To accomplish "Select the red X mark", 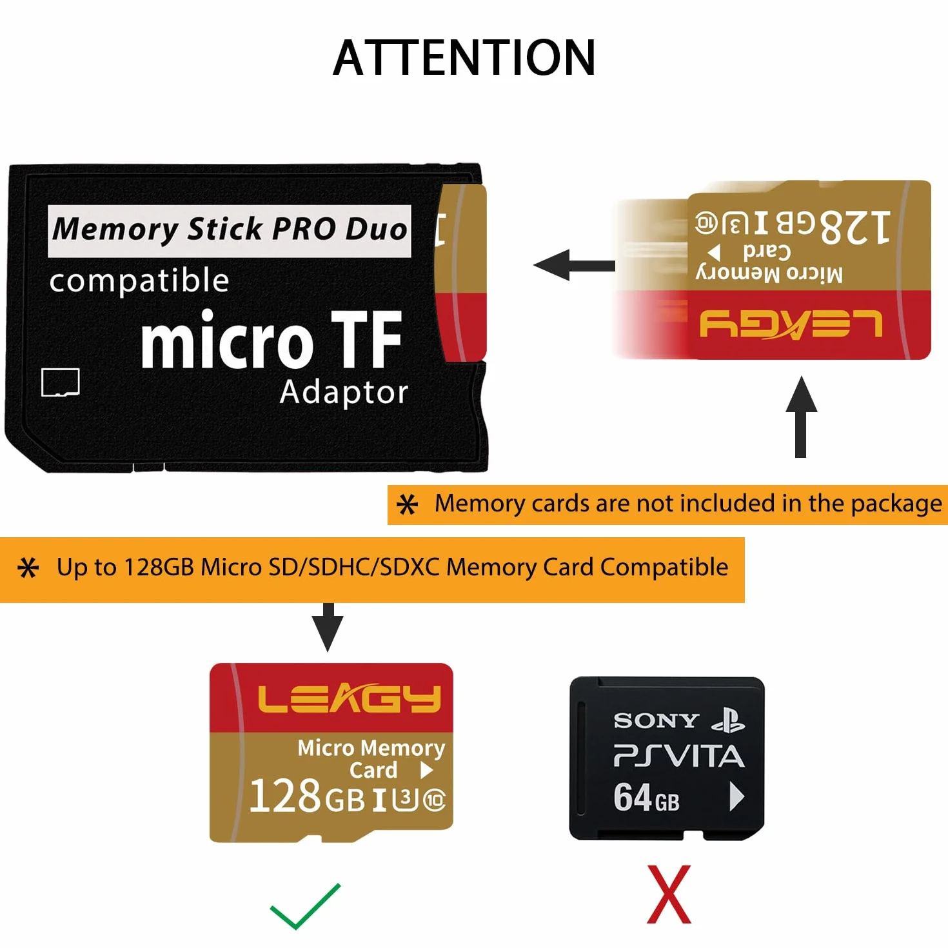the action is point(669,894).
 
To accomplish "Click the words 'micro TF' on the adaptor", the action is point(272,339).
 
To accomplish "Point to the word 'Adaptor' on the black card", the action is point(344,393).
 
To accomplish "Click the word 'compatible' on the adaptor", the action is point(139,281).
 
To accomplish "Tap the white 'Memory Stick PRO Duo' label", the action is point(229,231).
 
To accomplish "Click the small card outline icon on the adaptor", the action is point(61,382).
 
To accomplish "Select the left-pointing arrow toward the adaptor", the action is point(574,265).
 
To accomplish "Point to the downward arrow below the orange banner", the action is point(328,627).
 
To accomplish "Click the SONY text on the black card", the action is point(657,721).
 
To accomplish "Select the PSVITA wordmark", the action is point(679,756).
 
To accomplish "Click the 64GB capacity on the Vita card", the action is point(646,798).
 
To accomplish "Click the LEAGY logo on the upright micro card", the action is point(350,698).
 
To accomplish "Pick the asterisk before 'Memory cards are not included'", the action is point(408,505).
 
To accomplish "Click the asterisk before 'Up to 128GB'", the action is point(28,568).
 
